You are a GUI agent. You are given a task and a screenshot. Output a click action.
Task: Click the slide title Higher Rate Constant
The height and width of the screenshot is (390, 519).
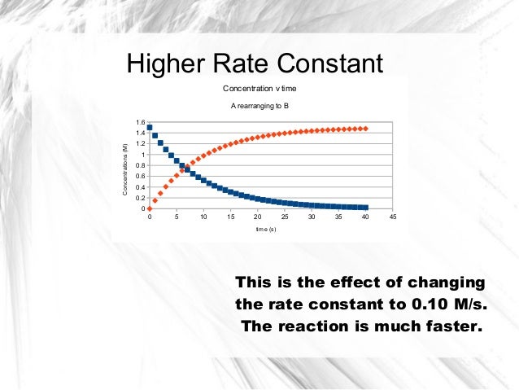(x=253, y=64)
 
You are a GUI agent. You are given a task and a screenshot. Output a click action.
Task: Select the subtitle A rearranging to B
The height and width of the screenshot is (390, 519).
(x=259, y=107)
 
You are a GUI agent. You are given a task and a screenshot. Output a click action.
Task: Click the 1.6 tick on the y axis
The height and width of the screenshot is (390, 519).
(x=140, y=123)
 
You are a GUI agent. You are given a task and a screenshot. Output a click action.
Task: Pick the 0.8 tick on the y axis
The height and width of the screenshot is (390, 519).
(x=140, y=166)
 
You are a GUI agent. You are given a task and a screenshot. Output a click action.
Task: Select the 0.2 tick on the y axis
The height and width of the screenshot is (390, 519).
(x=140, y=198)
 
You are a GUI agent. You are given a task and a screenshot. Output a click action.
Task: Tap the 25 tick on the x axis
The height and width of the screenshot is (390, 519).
(x=284, y=217)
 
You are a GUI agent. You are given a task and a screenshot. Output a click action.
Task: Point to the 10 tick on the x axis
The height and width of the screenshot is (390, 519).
(x=203, y=217)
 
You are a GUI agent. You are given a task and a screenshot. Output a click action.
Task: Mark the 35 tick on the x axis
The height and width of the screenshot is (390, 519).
(x=338, y=217)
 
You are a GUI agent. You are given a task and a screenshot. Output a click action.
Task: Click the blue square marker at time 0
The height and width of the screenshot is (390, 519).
(x=150, y=127)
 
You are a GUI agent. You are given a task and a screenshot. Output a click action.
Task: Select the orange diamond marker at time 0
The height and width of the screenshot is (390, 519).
(x=150, y=208)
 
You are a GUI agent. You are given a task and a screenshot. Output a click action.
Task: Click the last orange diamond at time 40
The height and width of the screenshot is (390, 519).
(x=366, y=129)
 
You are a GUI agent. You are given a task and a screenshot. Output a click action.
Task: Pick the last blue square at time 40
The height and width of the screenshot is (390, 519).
(x=366, y=208)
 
